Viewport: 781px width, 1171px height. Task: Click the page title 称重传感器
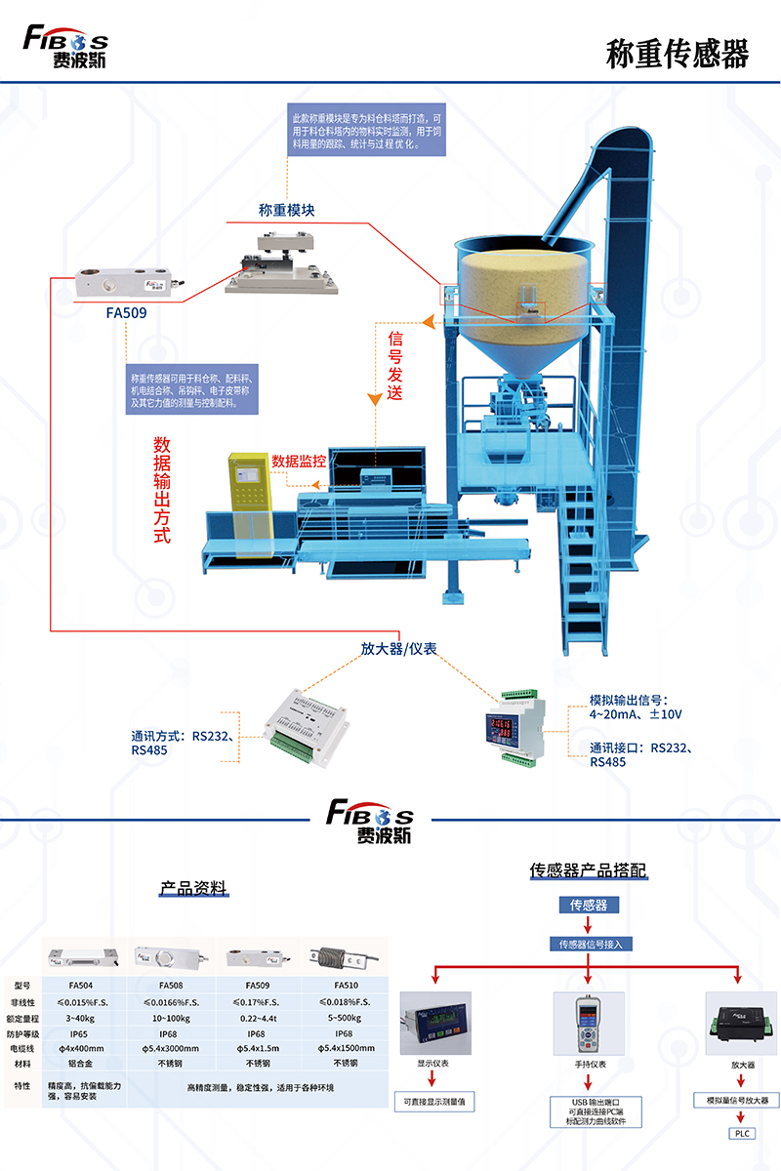[x=677, y=55]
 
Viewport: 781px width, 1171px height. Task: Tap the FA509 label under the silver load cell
[x=126, y=314]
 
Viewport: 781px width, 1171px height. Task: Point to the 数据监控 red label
[x=299, y=460]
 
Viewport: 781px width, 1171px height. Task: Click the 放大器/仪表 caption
[x=397, y=648]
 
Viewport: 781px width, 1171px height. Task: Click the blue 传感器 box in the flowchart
[x=589, y=905]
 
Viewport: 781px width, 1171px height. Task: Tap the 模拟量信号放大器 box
[x=737, y=1100]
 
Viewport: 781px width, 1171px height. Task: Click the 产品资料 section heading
[x=193, y=888]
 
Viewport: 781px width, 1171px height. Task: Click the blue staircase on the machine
[x=586, y=576]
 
